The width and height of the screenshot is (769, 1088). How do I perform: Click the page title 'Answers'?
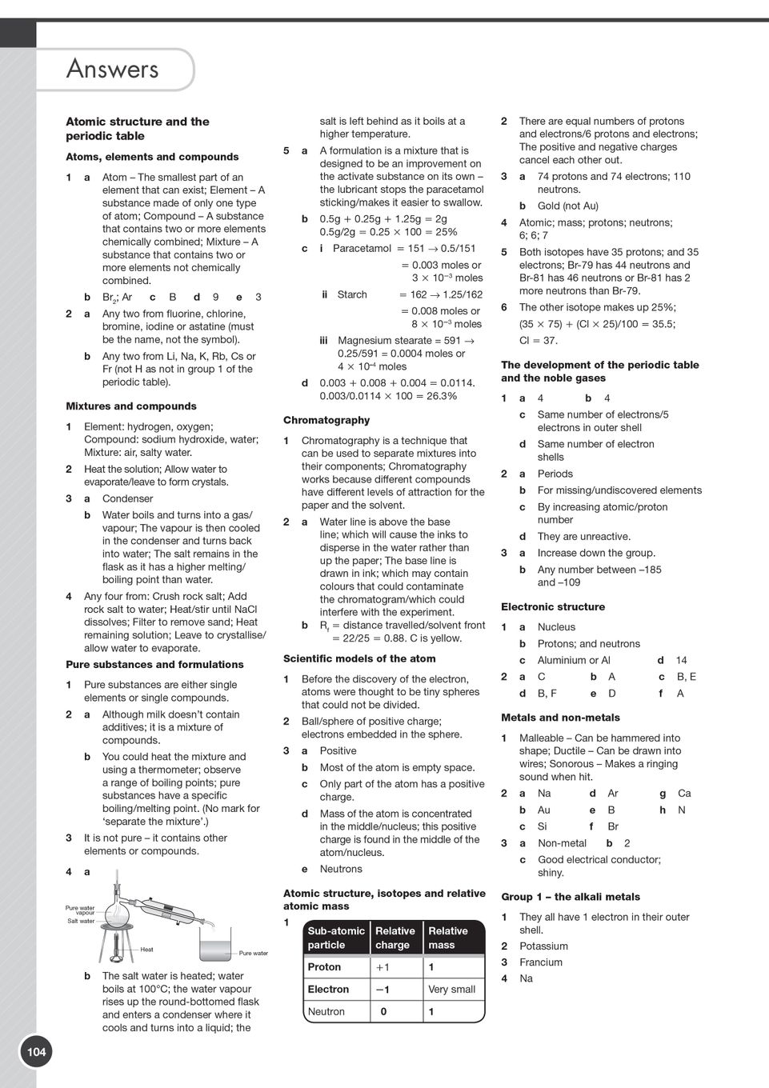pyautogui.click(x=112, y=70)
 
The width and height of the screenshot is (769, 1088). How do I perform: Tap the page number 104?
pyautogui.click(x=37, y=1052)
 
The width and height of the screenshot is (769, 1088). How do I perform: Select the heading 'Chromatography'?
pyautogui.click(x=326, y=420)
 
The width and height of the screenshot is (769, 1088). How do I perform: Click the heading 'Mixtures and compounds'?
pyautogui.click(x=130, y=406)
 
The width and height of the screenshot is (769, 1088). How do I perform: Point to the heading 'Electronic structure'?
pyautogui.click(x=553, y=607)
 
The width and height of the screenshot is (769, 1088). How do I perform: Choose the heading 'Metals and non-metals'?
pyautogui.click(x=560, y=718)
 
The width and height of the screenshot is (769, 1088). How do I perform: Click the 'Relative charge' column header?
pyautogui.click(x=395, y=938)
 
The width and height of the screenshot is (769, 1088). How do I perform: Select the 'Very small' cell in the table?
pyautogui.click(x=451, y=990)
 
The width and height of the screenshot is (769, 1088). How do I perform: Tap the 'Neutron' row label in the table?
pyautogui.click(x=326, y=1012)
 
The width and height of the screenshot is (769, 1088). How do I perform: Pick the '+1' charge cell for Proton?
pyautogui.click(x=383, y=967)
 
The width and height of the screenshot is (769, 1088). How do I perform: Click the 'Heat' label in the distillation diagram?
pyautogui.click(x=146, y=950)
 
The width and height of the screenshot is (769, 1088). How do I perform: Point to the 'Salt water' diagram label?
pyautogui.click(x=81, y=921)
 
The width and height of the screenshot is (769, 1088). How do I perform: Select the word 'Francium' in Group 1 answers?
pyautogui.click(x=541, y=962)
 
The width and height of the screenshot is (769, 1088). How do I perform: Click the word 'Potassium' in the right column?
pyautogui.click(x=543, y=946)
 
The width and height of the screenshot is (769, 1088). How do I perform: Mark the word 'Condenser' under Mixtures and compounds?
pyautogui.click(x=127, y=498)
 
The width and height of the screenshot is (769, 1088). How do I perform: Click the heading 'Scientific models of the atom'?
pyautogui.click(x=359, y=659)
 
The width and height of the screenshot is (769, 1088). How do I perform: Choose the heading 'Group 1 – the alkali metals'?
pyautogui.click(x=571, y=897)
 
